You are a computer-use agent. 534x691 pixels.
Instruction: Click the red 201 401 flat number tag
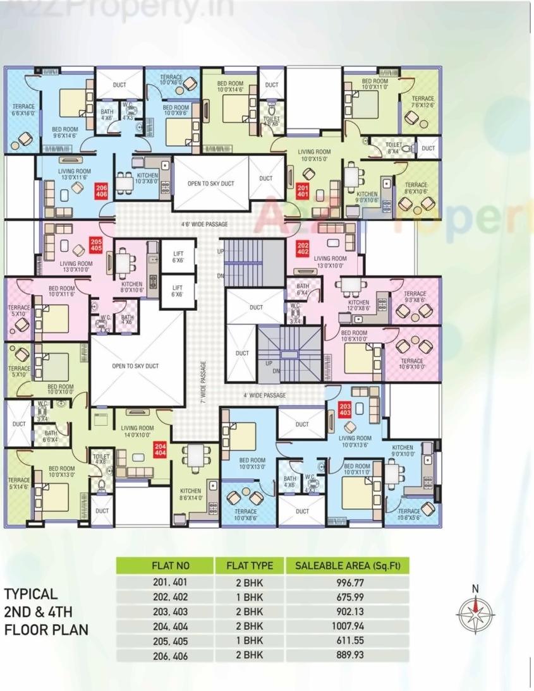point(303,190)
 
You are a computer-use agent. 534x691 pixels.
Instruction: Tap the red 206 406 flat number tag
point(101,190)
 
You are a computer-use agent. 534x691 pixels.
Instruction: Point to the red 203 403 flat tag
point(345,408)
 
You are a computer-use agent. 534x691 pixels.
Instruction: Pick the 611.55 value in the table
point(348,640)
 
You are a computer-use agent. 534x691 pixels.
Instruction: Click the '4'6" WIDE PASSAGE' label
point(204,224)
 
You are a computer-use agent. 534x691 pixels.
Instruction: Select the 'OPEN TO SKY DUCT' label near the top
point(210,184)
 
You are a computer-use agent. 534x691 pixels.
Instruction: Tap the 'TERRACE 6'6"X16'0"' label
point(23,111)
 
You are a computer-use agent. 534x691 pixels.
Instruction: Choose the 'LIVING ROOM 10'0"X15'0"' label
point(315,155)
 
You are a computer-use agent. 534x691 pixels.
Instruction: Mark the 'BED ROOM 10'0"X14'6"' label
point(230,87)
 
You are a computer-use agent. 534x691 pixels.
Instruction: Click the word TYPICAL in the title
point(32,594)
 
